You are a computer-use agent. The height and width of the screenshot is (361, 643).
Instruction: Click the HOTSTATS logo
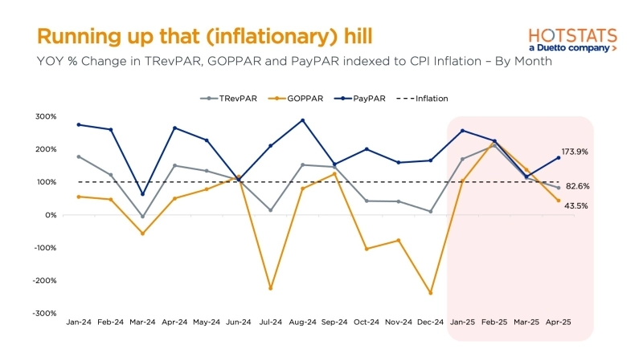tap(572, 39)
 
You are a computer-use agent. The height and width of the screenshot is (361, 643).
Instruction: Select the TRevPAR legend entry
tap(232, 99)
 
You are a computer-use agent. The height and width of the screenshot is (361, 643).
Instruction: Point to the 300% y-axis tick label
tap(45, 117)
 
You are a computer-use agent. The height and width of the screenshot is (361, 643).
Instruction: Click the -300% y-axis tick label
tap(44, 313)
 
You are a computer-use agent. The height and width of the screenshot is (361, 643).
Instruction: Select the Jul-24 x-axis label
tap(271, 322)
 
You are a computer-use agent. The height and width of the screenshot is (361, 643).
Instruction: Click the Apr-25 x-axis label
tap(559, 322)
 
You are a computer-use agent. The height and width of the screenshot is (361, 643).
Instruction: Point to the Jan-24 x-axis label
tap(79, 322)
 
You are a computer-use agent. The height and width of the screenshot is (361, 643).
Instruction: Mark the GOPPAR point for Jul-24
tap(271, 288)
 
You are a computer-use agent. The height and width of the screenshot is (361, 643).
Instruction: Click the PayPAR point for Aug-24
tap(302, 120)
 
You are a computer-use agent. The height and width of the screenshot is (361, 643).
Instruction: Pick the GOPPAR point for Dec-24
tap(430, 293)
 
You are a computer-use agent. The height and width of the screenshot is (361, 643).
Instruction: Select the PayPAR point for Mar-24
tap(142, 194)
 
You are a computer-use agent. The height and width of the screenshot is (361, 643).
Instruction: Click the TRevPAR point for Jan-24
tap(79, 156)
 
